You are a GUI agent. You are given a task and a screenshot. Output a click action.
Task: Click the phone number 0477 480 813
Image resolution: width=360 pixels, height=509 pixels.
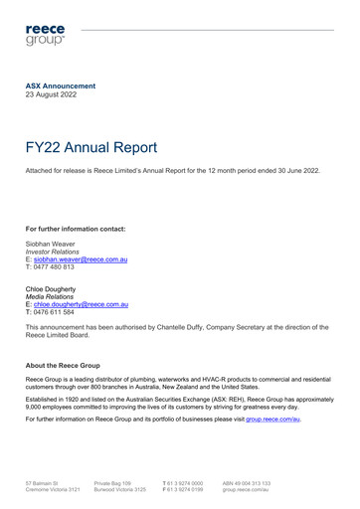click(x=57, y=266)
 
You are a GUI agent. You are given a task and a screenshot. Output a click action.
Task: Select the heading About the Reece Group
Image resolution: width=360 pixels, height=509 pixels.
click(x=63, y=366)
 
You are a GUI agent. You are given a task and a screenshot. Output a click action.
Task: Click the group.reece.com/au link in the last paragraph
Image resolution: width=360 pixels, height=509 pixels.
click(x=272, y=421)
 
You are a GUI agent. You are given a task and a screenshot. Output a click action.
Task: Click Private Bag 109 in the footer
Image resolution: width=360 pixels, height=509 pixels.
click(x=112, y=482)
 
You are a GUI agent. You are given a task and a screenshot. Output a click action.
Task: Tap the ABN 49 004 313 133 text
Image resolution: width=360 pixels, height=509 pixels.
click(x=247, y=482)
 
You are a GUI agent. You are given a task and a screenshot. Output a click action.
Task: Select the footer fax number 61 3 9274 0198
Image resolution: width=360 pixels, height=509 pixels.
click(x=185, y=490)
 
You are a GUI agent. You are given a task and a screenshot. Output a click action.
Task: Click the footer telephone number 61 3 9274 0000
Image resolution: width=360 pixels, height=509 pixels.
click(x=185, y=482)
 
